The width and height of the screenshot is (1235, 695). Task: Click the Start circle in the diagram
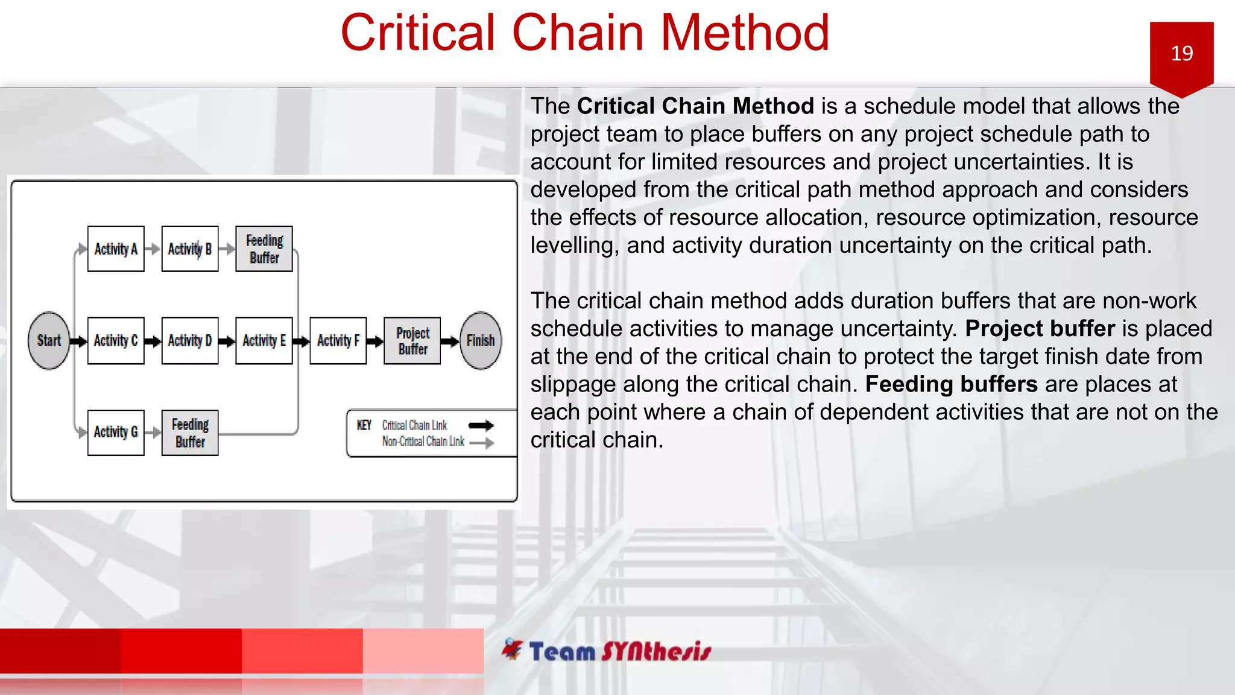49,340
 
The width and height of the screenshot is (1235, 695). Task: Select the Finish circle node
481,340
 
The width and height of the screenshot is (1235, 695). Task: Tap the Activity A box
116,249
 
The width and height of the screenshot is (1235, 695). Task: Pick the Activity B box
190,249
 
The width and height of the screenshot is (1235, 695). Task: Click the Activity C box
116,340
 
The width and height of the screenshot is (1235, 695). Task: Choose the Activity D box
190,340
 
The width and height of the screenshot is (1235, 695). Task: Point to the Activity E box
264,340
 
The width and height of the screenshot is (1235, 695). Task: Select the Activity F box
338,340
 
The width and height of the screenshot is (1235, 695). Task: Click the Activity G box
116,432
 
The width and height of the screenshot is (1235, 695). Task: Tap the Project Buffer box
412,340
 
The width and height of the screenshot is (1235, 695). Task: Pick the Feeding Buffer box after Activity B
264,249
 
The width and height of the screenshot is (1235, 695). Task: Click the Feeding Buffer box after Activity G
190,432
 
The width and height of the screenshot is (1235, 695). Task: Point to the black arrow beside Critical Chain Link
481,425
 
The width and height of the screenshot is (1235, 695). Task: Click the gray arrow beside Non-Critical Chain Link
481,443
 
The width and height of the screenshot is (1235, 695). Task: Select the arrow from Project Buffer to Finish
450,341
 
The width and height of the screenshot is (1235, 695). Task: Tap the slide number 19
1181,53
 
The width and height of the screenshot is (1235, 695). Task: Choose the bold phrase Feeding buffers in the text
951,384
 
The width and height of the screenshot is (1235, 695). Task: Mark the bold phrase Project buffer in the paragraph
1040,328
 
